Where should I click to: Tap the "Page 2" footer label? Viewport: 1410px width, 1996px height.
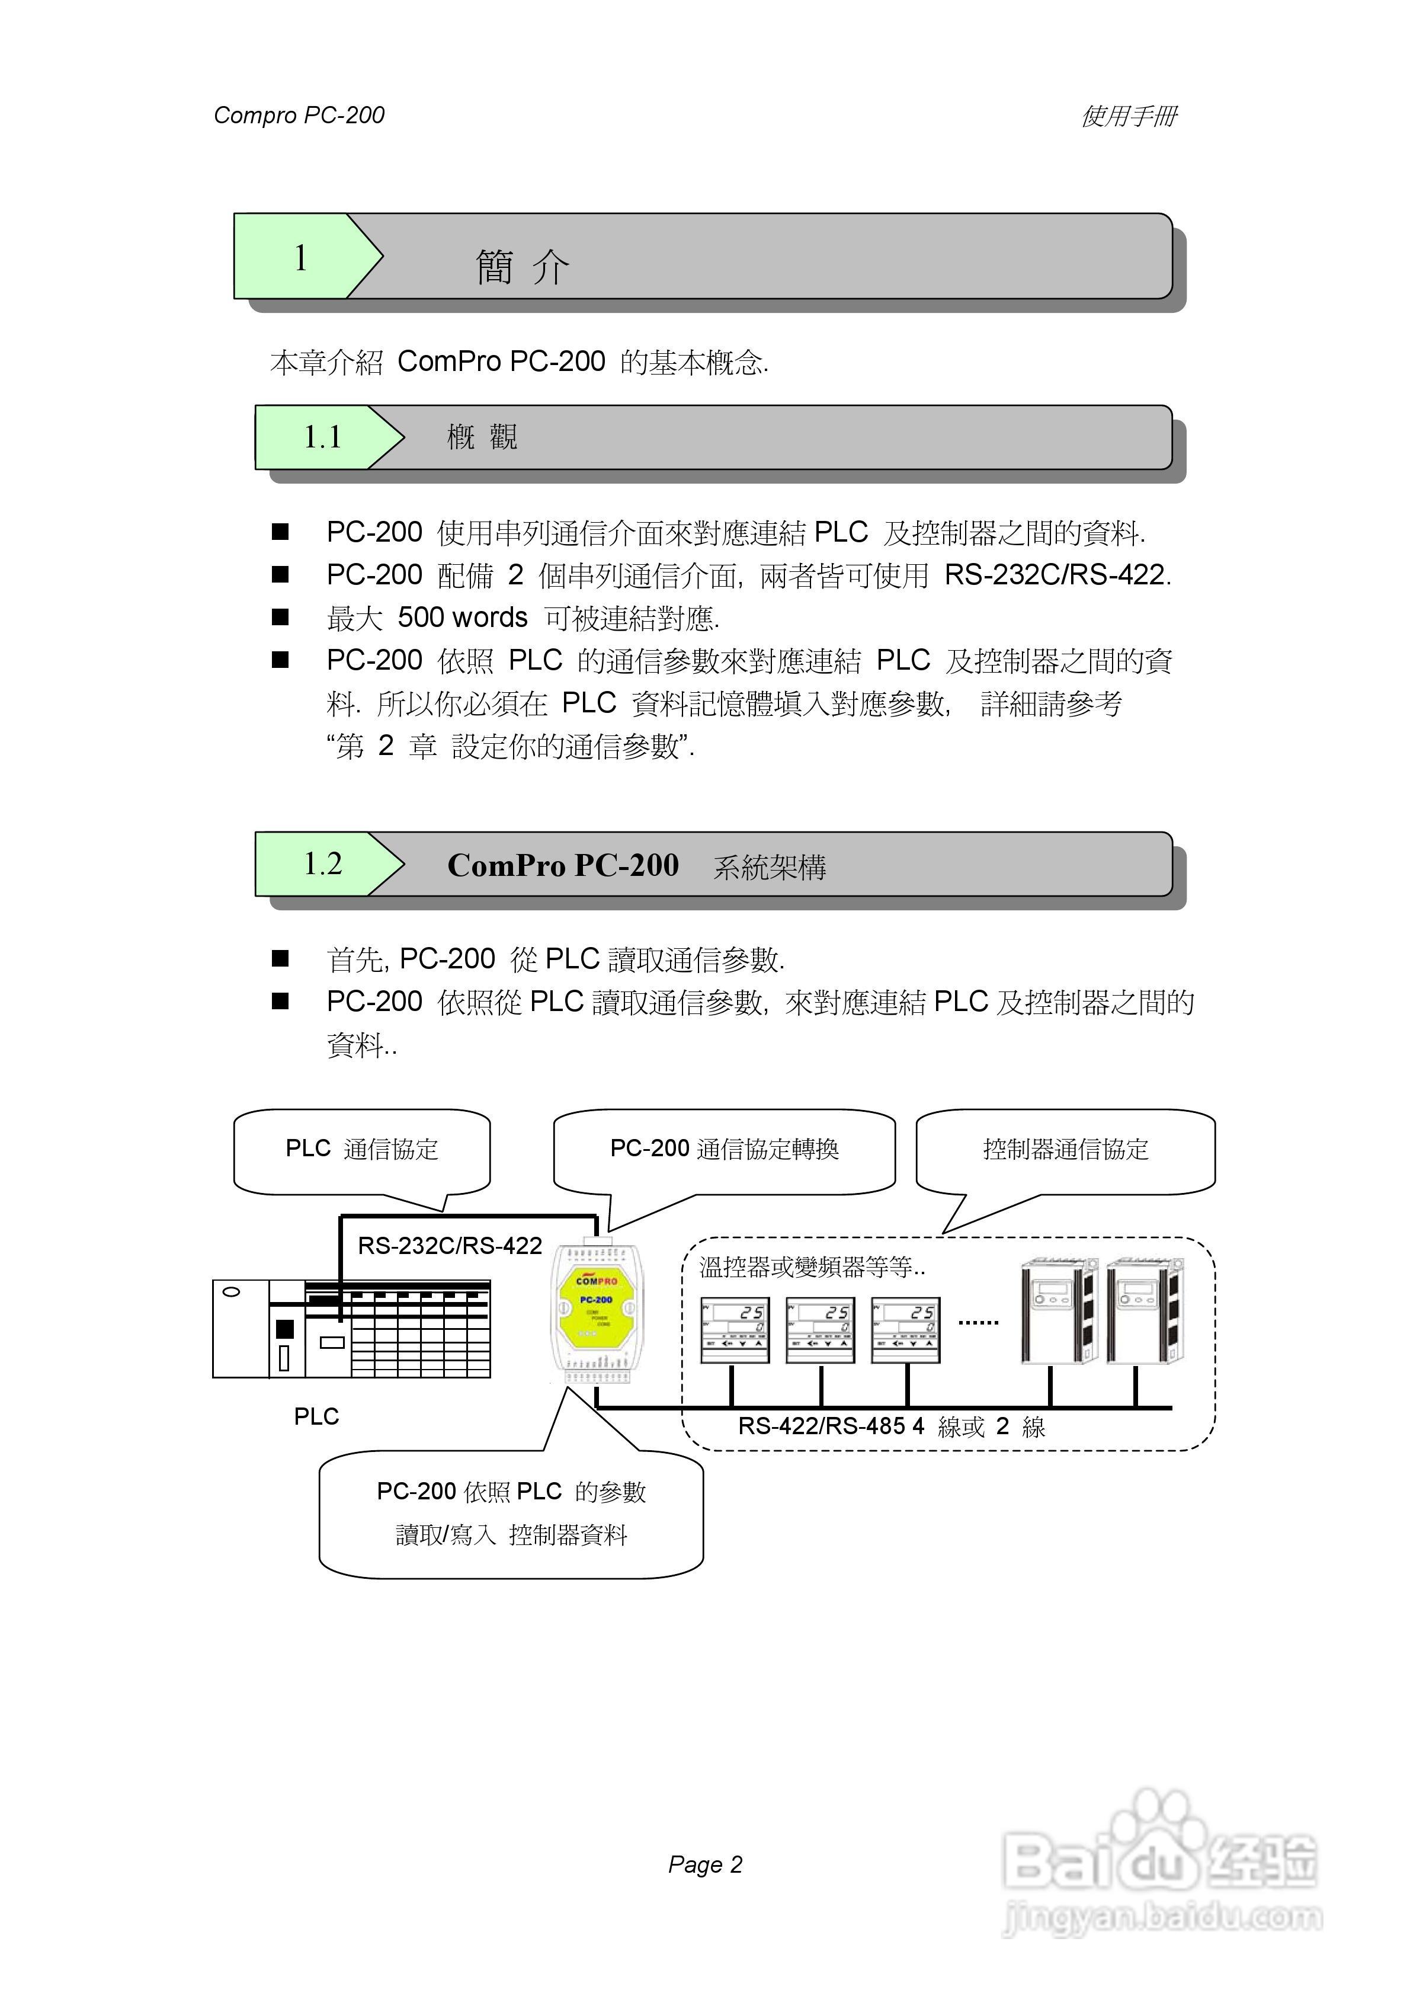coord(705,1864)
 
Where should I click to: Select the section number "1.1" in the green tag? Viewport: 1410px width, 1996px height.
coord(322,437)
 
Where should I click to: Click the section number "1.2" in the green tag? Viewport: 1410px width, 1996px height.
coord(322,864)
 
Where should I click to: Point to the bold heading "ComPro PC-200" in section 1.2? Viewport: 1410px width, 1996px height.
coord(562,866)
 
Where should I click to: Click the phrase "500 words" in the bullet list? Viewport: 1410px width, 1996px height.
coord(463,618)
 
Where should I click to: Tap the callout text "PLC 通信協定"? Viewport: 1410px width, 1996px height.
coord(361,1149)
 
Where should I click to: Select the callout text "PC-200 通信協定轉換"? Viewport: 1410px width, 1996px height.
coord(724,1149)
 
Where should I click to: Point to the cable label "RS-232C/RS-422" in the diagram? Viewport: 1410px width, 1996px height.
coord(450,1246)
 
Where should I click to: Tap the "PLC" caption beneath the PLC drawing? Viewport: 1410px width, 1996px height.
coord(316,1416)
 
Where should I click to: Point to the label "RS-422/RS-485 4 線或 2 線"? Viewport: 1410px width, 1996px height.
coord(891,1426)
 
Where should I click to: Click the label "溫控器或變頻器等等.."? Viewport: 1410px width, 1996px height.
coord(812,1268)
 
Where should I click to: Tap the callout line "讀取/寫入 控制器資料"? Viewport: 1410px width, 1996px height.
coord(511,1536)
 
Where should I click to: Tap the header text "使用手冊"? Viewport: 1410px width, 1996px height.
coord(1129,116)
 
